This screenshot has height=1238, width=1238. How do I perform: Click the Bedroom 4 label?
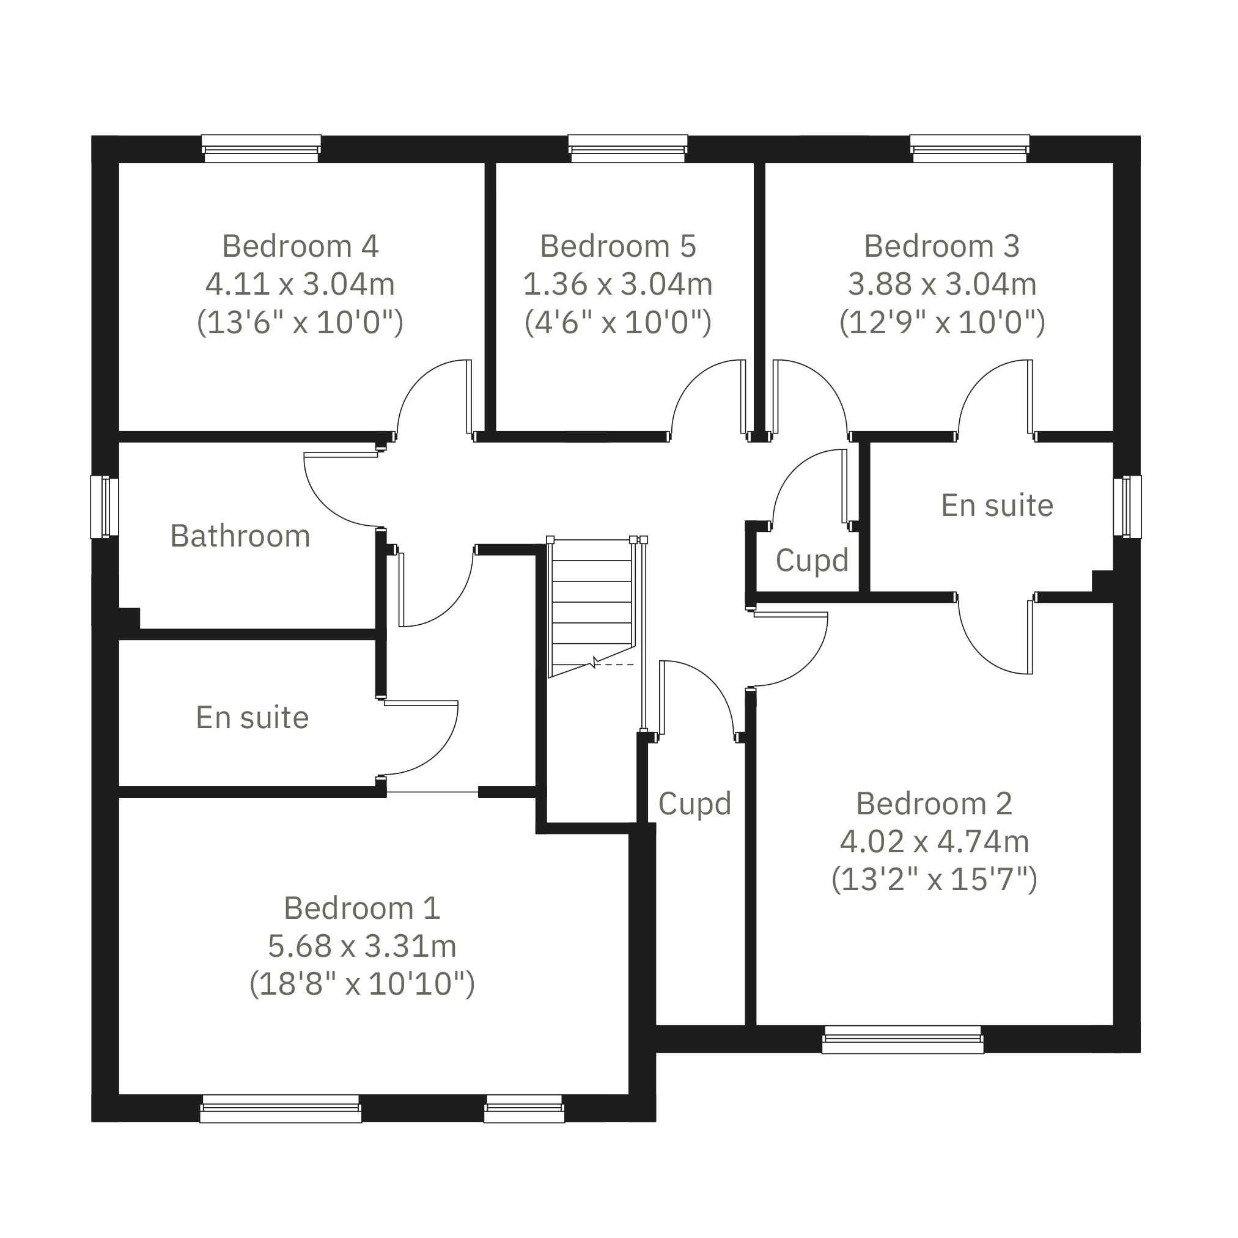click(300, 246)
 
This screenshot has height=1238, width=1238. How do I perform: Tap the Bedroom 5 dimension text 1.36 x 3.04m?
click(617, 284)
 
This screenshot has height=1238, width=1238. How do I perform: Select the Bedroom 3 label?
click(941, 246)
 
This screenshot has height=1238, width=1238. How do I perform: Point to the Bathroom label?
click(240, 536)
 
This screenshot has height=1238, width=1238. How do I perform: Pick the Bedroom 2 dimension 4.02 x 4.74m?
click(934, 841)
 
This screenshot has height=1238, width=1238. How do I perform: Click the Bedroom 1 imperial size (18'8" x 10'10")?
click(362, 984)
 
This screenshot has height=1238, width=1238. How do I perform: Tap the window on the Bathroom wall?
click(105, 507)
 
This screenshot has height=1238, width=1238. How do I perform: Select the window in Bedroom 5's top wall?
click(628, 149)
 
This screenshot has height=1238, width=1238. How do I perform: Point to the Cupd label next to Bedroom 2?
click(695, 803)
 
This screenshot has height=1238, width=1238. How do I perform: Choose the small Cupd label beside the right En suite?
click(812, 561)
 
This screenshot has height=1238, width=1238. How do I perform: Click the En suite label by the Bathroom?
click(252, 718)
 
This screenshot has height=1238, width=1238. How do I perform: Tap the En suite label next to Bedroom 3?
click(997, 506)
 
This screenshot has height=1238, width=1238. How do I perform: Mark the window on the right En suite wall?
click(1127, 507)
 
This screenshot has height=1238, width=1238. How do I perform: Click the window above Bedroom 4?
click(261, 149)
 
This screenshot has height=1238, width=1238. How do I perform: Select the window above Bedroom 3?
click(970, 149)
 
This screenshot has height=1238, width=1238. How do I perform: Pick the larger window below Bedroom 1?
click(281, 1108)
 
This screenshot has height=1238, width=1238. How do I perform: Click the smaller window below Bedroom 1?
click(524, 1108)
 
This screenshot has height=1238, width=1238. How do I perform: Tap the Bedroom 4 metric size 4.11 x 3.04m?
click(300, 284)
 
